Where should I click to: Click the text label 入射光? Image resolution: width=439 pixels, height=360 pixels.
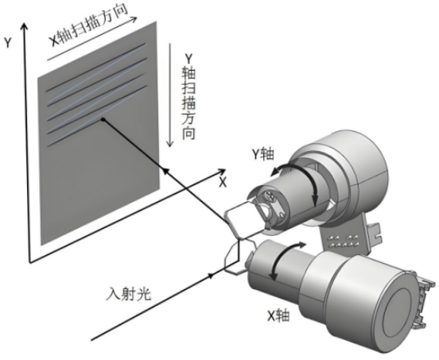128,295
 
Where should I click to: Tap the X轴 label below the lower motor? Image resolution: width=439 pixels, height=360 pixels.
278,316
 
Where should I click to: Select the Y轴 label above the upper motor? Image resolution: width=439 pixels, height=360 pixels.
262,154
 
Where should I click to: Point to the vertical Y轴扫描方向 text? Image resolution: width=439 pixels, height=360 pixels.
188,96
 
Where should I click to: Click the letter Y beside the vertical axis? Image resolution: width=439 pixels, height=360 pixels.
8,43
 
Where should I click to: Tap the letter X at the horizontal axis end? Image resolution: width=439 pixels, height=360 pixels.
223,182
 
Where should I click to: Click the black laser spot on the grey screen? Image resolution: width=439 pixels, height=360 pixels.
103,120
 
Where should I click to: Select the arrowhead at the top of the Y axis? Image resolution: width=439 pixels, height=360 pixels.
25,26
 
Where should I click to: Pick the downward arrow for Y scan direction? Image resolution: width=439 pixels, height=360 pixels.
169,95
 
